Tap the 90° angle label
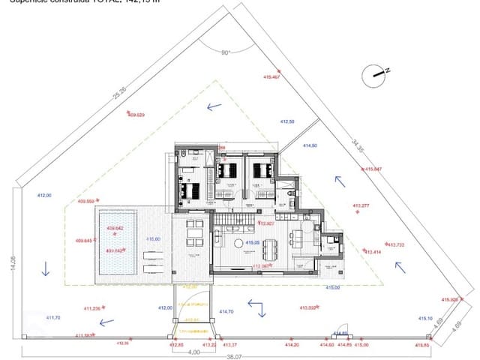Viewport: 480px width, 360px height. click(226, 52)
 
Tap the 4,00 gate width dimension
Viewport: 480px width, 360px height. click(194, 350)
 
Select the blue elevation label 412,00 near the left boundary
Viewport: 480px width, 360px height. click(44, 196)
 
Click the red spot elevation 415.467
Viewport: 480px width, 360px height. click(271, 76)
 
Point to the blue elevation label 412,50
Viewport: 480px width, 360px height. click(287, 121)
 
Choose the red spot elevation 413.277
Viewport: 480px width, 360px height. click(361, 205)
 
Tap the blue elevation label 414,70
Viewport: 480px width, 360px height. click(226, 311)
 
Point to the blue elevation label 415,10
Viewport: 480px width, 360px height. click(425, 317)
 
